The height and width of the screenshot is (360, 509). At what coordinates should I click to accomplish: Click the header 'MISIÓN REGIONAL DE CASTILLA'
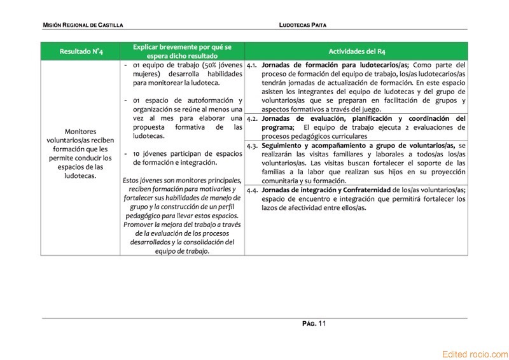click(x=83, y=25)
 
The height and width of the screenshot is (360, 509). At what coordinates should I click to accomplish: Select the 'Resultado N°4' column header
click(x=81, y=51)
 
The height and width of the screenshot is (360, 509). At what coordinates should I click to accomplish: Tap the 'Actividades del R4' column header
click(x=356, y=51)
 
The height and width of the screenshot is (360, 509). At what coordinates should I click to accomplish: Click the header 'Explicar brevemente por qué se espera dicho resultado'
click(x=182, y=51)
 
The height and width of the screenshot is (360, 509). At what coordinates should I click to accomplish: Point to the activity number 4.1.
click(x=252, y=65)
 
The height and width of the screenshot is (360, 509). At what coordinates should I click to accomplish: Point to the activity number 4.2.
click(x=252, y=118)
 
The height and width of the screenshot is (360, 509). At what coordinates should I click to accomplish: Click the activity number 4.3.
click(x=252, y=145)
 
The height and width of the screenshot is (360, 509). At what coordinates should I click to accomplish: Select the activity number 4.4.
click(x=252, y=190)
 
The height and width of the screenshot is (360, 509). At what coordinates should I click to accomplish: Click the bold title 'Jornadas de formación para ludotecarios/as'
click(x=335, y=65)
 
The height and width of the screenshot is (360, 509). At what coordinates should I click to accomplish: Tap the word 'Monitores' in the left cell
click(x=81, y=131)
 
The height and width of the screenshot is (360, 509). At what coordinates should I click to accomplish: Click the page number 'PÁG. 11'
click(x=314, y=324)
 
